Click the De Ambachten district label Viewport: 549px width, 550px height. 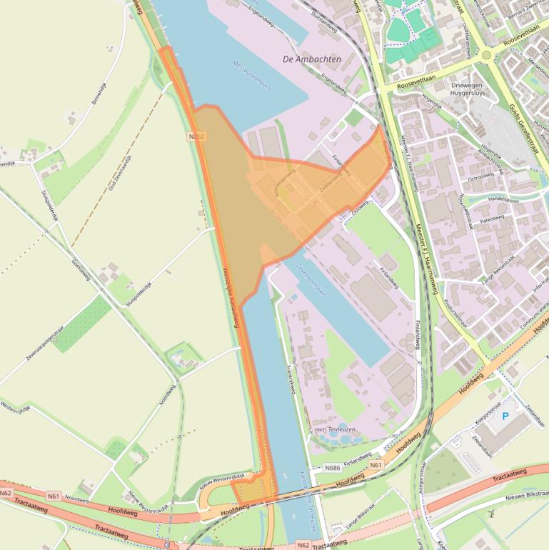312,59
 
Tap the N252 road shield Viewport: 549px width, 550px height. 198,135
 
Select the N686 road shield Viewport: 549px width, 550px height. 332,468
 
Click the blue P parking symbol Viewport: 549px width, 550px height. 506,416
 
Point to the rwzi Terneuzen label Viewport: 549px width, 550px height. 335,429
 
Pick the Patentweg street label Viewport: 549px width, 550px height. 493,219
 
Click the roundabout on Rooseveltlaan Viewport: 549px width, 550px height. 486,55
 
